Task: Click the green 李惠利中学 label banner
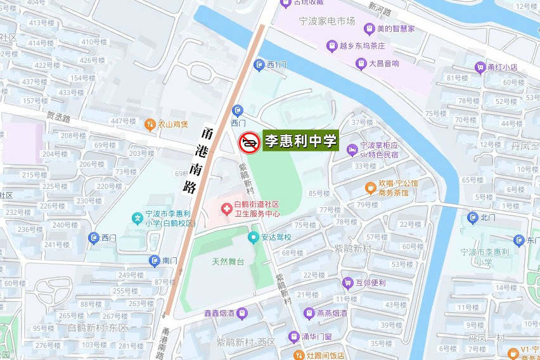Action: (300, 141)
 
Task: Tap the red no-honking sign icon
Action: (248, 143)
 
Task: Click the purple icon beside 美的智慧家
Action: (369, 29)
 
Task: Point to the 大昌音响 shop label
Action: (384, 63)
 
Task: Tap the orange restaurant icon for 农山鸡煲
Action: (150, 124)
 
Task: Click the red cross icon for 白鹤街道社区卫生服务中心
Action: (225, 208)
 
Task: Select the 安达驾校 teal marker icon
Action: (253, 238)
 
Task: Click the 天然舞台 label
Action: (228, 261)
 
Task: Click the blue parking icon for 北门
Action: (472, 217)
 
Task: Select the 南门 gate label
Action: (169, 260)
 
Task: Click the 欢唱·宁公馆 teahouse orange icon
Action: (370, 188)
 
